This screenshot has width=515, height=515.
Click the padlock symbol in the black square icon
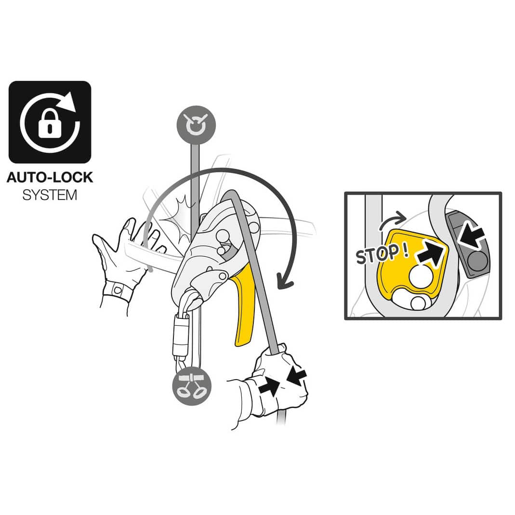click(x=50, y=124)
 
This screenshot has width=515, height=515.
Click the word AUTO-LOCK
click(x=50, y=177)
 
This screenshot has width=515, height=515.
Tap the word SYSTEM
click(x=50, y=195)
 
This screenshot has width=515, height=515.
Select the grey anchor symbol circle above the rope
click(x=196, y=125)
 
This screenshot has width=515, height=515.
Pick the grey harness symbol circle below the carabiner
click(x=192, y=385)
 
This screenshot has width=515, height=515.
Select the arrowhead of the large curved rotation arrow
click(x=285, y=282)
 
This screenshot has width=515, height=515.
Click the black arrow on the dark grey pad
click(x=471, y=235)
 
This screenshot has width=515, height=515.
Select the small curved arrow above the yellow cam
click(x=392, y=220)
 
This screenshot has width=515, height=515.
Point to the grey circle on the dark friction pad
click(x=478, y=260)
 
